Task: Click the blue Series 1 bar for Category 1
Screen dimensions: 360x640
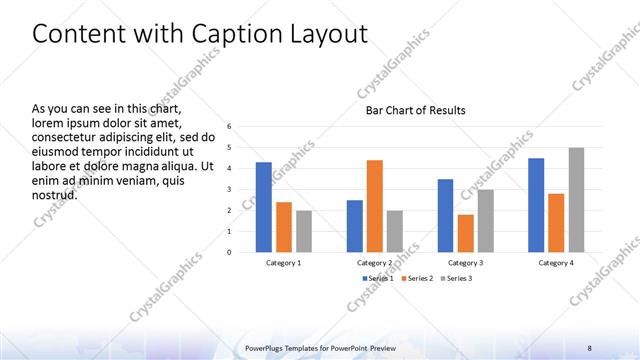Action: (263, 207)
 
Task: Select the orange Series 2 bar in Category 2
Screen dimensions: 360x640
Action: (375, 206)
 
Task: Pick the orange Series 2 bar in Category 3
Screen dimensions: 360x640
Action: (465, 233)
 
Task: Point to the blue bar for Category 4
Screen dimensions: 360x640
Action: (536, 205)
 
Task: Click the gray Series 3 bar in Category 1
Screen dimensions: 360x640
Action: (303, 231)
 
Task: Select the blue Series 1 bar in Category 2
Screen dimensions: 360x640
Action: (355, 226)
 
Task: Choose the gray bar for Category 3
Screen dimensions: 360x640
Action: (485, 221)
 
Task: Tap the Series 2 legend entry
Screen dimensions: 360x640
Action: (416, 277)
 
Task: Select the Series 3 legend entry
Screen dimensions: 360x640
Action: (457, 277)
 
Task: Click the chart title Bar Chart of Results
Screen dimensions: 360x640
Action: (415, 110)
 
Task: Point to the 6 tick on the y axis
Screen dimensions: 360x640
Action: (229, 127)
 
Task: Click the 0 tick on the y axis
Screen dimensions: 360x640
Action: (229, 252)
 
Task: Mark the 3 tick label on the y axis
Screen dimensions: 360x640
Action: (229, 190)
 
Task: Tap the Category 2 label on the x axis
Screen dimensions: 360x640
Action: (375, 262)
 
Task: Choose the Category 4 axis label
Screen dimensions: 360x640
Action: (556, 262)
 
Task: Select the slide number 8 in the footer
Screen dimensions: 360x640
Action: (589, 347)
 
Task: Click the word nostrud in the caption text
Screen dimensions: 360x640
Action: (55, 194)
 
